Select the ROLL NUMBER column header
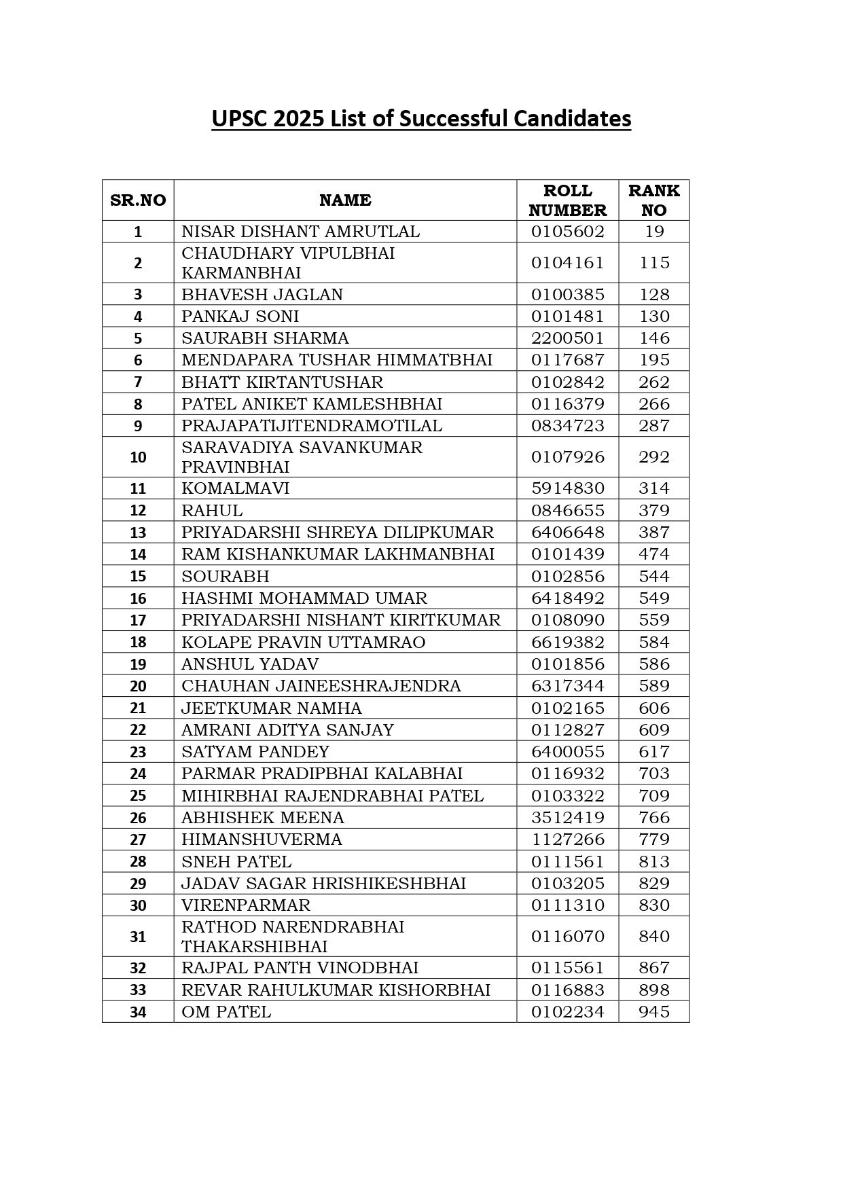[x=567, y=200]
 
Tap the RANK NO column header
[x=653, y=200]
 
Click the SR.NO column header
[x=138, y=200]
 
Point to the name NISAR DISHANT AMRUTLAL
[x=300, y=232]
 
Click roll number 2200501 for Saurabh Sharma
[x=567, y=338]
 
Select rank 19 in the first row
[x=653, y=232]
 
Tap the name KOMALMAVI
[x=235, y=488]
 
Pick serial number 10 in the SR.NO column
[x=138, y=457]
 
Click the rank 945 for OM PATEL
[x=653, y=1012]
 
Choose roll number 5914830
[x=567, y=488]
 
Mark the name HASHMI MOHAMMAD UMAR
[x=304, y=598]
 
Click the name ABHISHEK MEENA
[x=263, y=818]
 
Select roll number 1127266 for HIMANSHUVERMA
[x=567, y=839]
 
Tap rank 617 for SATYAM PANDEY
[x=653, y=752]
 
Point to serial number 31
[x=138, y=937]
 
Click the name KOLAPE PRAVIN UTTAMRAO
[x=303, y=643]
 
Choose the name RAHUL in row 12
[x=212, y=511]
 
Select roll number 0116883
[x=567, y=990]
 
